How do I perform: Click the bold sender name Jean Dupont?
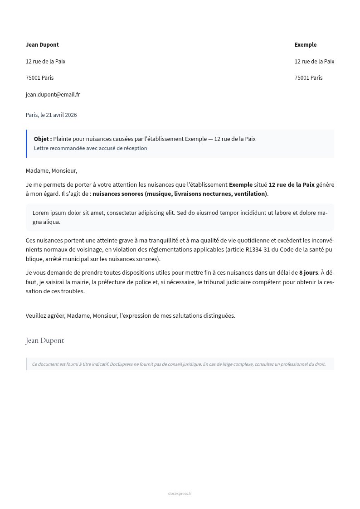[42, 45]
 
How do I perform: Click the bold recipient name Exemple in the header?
[305, 45]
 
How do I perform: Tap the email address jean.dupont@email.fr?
[53, 95]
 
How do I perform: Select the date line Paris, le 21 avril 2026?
[51, 115]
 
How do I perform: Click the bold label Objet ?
[43, 139]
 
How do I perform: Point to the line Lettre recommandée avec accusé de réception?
[90, 148]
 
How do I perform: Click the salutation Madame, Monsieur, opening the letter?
[51, 171]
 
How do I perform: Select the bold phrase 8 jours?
[308, 273]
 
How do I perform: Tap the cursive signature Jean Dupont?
[45, 340]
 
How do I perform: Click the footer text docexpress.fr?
[180, 494]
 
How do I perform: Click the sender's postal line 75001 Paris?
[39, 78]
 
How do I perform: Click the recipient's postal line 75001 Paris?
[308, 78]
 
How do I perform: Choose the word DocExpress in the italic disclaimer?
[123, 364]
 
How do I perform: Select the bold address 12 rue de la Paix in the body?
[292, 185]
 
